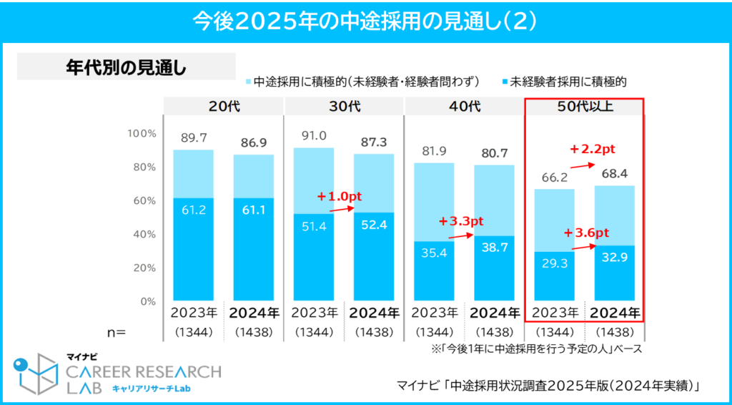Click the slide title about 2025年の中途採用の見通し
[x=365, y=21]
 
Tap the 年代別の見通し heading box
[x=126, y=67]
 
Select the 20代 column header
[x=223, y=106]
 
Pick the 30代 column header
[x=344, y=106]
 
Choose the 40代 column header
[x=465, y=106]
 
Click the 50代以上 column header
[x=585, y=106]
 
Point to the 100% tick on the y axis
[x=141, y=134]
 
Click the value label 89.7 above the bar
[x=193, y=138]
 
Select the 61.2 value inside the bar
[x=193, y=210]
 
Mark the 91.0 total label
[x=314, y=136]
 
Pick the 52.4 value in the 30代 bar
[x=374, y=225]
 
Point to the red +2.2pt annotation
[x=593, y=150]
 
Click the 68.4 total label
[x=615, y=174]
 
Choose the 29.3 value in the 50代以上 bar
[x=555, y=263]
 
